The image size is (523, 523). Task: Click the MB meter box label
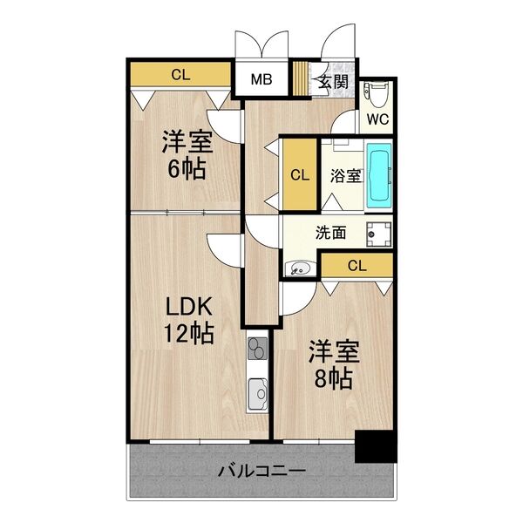[261, 79]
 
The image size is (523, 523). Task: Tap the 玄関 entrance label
[333, 81]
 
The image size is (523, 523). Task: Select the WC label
[377, 119]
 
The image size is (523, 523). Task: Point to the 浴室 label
[345, 176]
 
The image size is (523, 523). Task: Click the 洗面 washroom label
[330, 233]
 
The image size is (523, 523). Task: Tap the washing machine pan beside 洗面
[379, 234]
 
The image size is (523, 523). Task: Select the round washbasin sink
[300, 268]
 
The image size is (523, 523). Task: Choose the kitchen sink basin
[257, 394]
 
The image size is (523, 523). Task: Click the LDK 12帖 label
[189, 320]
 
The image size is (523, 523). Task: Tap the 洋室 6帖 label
[187, 155]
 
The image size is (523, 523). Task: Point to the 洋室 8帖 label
[334, 364]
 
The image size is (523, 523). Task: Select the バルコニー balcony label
[261, 471]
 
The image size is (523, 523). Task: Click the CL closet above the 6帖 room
[180, 74]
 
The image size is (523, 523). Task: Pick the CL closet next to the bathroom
[300, 174]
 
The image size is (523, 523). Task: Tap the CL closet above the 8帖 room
[357, 266]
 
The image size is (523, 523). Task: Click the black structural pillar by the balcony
[376, 446]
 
